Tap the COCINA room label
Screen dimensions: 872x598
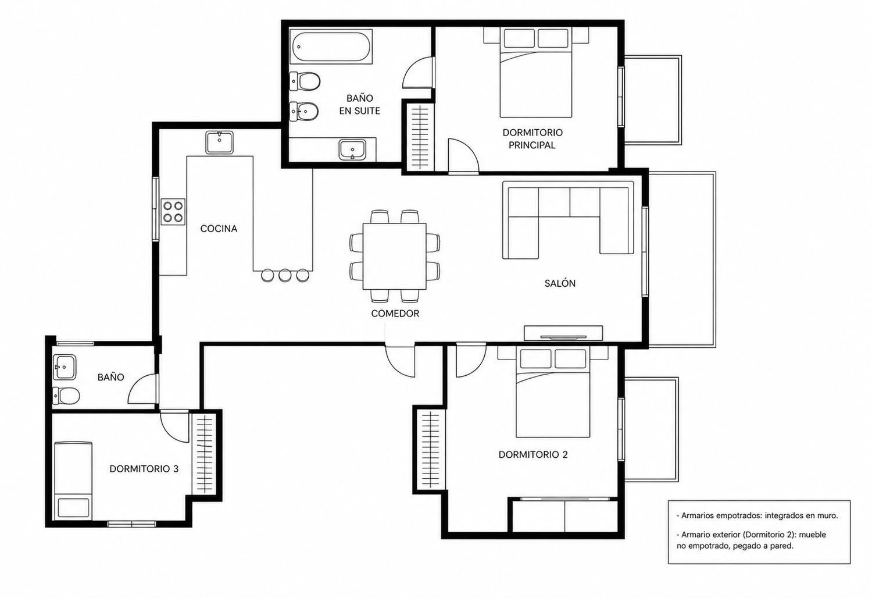click(219, 229)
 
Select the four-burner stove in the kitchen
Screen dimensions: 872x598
click(173, 212)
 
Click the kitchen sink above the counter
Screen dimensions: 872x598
click(220, 142)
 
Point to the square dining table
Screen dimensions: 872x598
click(394, 257)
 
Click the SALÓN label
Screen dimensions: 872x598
click(560, 284)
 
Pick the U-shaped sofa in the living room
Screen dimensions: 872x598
click(568, 220)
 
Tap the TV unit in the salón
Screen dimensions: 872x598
click(563, 333)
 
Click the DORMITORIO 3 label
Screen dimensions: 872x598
click(144, 469)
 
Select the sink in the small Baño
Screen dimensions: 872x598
click(65, 367)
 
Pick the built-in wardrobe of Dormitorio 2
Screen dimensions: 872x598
click(430, 449)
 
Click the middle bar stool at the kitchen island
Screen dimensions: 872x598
click(285, 275)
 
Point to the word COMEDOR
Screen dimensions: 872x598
click(395, 314)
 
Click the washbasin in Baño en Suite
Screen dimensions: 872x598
click(352, 150)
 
